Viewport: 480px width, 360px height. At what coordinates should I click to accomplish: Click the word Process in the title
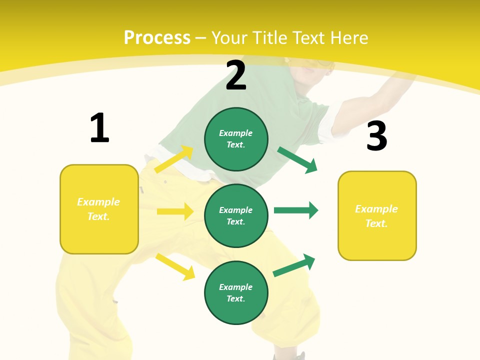point(157,38)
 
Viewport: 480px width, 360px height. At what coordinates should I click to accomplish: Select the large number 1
point(99,128)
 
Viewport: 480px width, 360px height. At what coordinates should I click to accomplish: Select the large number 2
point(236,75)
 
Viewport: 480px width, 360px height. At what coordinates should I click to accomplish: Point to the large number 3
point(376,136)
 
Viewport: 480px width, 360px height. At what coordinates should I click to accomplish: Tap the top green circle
point(236,139)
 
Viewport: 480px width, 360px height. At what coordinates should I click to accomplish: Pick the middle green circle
point(236,215)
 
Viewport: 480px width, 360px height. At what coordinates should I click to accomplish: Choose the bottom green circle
point(236,292)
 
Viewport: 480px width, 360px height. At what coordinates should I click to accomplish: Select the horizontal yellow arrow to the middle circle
point(175,211)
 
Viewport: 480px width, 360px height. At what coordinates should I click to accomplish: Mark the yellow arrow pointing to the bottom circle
point(175,266)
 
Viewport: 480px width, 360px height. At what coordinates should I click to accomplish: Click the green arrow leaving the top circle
point(297,160)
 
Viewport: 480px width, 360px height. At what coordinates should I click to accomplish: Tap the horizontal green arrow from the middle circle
point(296,210)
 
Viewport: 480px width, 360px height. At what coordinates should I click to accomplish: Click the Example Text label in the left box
point(98,209)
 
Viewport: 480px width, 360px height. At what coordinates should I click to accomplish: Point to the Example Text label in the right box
point(376,216)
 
